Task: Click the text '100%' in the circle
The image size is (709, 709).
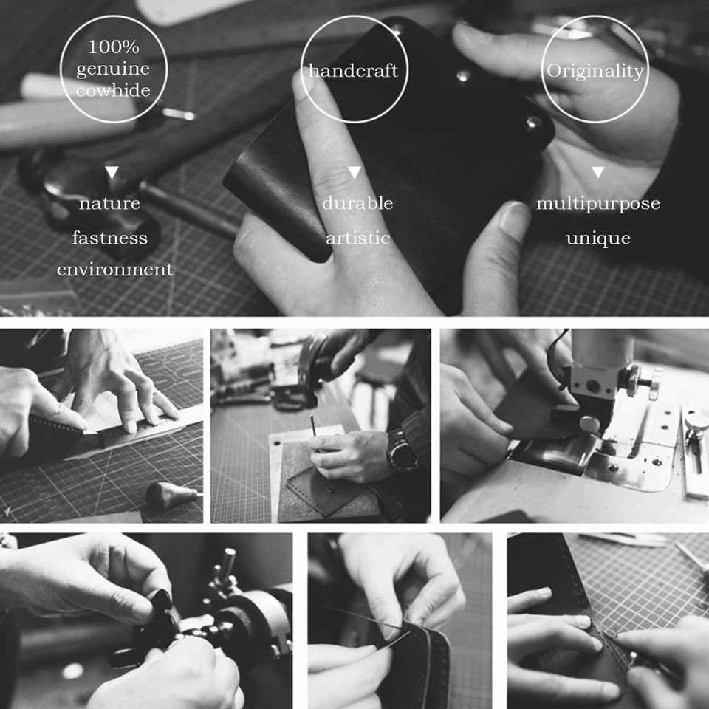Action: click(114, 47)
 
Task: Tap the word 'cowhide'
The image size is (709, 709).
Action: click(113, 90)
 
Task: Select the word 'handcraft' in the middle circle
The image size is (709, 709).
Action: click(353, 71)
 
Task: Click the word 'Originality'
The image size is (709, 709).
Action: click(595, 72)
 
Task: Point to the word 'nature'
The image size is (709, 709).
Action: click(109, 204)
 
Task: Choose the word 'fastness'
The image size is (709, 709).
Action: click(110, 237)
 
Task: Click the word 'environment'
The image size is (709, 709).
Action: click(115, 270)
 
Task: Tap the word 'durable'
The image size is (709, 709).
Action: click(357, 203)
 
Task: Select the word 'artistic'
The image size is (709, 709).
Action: click(357, 238)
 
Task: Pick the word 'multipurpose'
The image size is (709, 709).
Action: click(597, 204)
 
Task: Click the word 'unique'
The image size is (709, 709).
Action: click(598, 239)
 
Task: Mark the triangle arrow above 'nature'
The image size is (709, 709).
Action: click(112, 172)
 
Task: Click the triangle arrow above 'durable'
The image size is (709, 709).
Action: click(354, 172)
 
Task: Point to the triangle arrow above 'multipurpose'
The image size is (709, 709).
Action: click(597, 172)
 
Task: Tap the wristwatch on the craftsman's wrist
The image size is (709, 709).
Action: click(400, 451)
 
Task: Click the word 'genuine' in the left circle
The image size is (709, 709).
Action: click(113, 69)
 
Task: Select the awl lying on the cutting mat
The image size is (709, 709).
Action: click(173, 495)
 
